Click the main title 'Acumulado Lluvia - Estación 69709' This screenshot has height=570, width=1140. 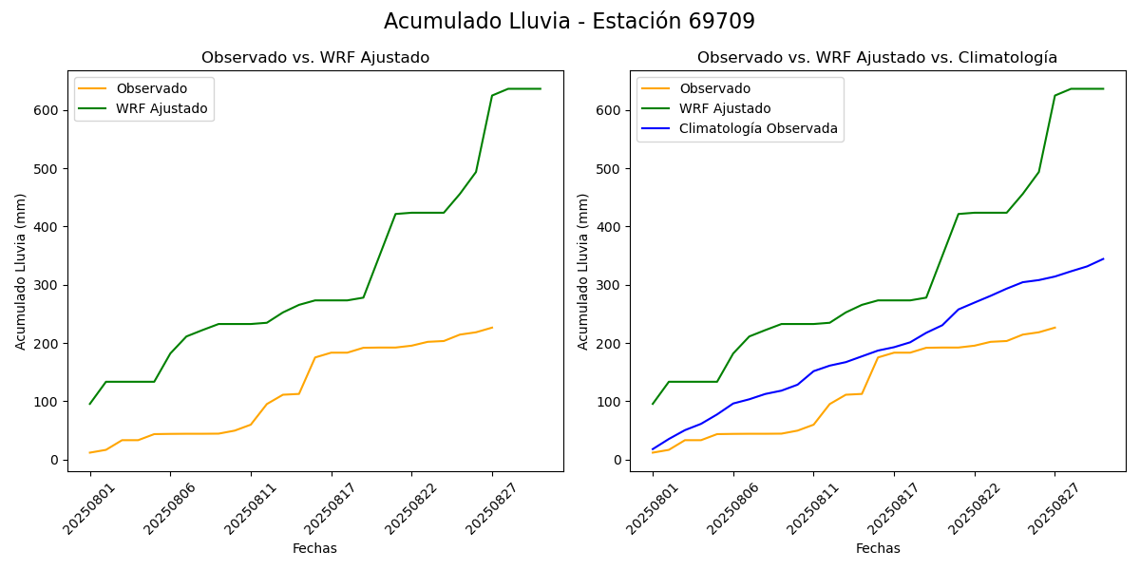569,22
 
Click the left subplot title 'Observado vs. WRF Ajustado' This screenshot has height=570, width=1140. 315,58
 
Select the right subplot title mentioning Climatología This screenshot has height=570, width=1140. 877,58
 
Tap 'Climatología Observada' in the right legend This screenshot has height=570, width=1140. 759,129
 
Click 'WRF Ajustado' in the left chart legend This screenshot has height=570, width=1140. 161,108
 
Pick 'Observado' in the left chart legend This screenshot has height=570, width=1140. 152,88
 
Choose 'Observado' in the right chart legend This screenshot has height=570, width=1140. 714,88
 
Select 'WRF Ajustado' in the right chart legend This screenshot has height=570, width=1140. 724,108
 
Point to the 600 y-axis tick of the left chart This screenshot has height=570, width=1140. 47,110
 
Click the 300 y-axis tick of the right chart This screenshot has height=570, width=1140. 609,285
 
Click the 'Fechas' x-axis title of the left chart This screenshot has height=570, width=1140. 314,548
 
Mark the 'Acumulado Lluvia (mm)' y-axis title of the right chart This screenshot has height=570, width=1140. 583,271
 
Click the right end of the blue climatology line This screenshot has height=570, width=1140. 1103,258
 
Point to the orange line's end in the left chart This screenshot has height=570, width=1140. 492,328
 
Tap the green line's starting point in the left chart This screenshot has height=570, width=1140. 90,404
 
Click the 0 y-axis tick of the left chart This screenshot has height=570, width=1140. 54,460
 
